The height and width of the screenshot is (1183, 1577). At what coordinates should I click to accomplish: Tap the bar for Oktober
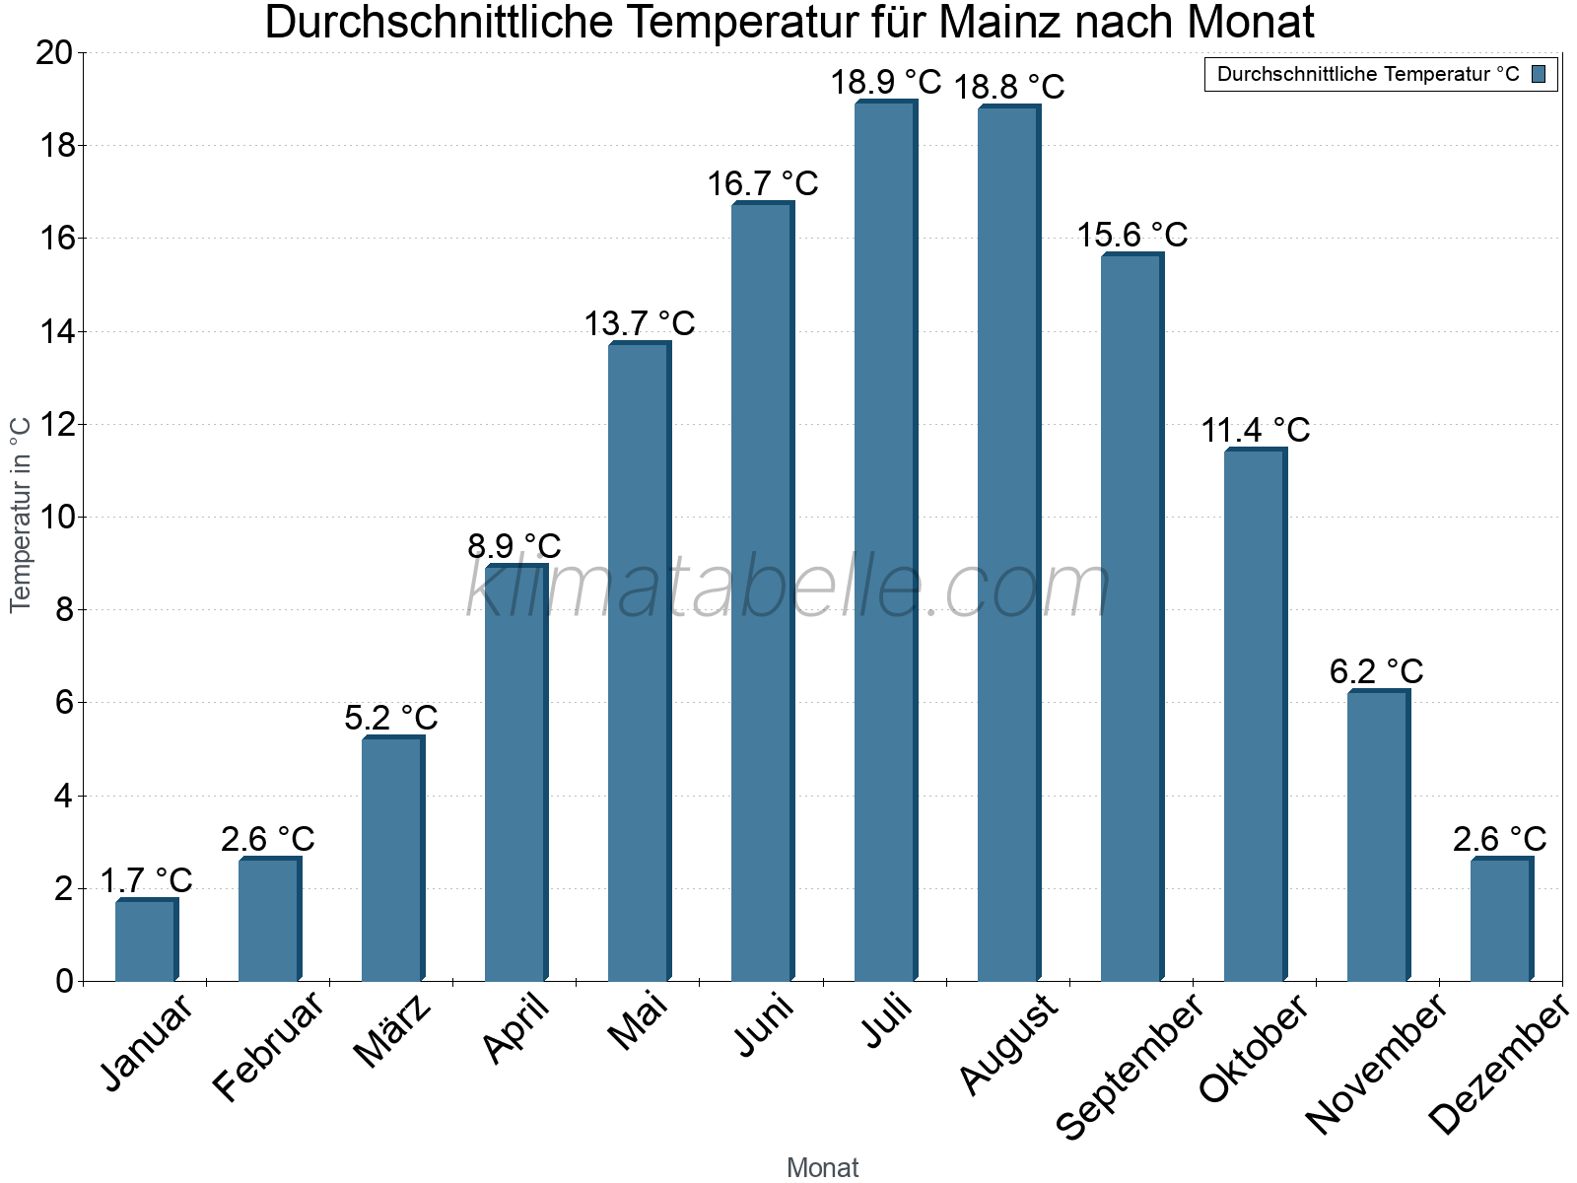point(1255,715)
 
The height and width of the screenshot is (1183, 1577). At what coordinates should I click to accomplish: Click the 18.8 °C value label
point(1008,87)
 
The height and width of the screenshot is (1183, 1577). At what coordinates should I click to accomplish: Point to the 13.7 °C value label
point(640,323)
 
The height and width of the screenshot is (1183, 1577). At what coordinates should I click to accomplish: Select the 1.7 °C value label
point(146,880)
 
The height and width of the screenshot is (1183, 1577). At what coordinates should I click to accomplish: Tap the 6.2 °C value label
point(1376,671)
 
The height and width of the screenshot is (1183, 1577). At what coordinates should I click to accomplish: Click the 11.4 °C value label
point(1255,431)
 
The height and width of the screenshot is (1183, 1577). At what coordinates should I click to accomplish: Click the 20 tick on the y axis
point(55,53)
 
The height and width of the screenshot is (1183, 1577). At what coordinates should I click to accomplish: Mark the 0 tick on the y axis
point(65,981)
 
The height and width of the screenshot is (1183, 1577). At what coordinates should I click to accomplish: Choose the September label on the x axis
point(1130,1065)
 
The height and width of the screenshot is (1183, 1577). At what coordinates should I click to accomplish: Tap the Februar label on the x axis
point(268,1045)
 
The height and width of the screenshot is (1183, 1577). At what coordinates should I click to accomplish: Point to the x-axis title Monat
point(822,1168)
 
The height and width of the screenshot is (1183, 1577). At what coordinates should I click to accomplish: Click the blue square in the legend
point(1539,74)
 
